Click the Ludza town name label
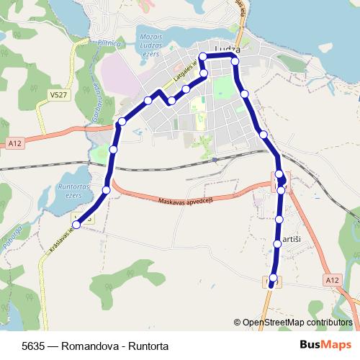click(x=222, y=51)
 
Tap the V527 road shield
click(x=59, y=94)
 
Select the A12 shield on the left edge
click(x=15, y=144)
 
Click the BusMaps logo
click(x=325, y=344)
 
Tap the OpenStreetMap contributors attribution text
click(x=297, y=323)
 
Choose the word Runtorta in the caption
click(x=148, y=345)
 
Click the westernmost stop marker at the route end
click(x=76, y=225)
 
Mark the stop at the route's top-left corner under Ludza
click(x=203, y=55)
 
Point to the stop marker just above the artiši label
click(x=280, y=219)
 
